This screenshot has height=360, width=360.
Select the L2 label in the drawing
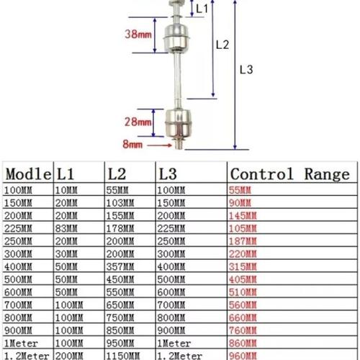[x=222, y=45]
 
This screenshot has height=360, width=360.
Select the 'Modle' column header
[x=28, y=174]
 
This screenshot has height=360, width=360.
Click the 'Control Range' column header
[x=288, y=174]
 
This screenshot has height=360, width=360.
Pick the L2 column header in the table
[x=118, y=174]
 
